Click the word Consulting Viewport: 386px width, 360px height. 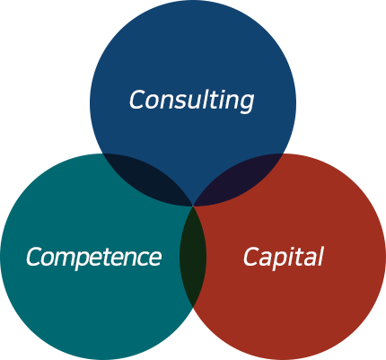(x=191, y=101)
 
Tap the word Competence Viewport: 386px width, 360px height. (x=94, y=258)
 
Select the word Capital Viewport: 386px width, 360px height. (x=283, y=257)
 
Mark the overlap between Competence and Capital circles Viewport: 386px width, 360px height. (x=193, y=257)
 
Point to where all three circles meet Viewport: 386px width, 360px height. (x=193, y=206)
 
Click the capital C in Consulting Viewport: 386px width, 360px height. (x=138, y=100)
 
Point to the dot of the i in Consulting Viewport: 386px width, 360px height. (x=226, y=91)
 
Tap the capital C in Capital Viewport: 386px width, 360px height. (x=252, y=257)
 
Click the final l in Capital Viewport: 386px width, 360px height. (x=320, y=256)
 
